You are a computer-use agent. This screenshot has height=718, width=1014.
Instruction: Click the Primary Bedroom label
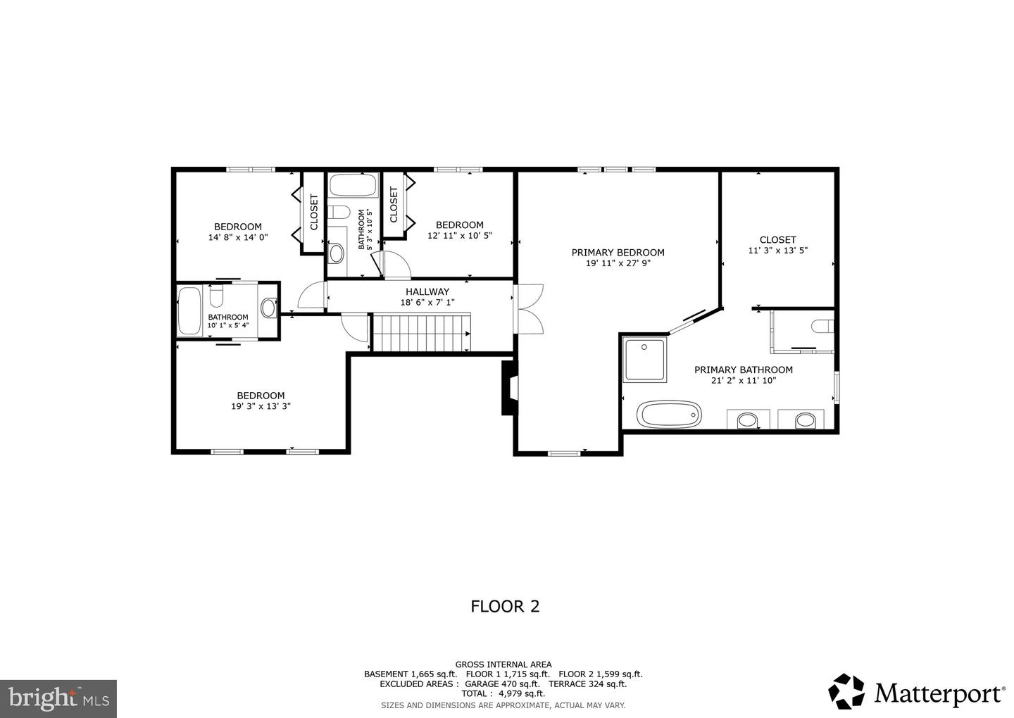pos(618,253)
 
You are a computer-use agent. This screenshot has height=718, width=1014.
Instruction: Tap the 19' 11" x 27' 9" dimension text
pos(618,264)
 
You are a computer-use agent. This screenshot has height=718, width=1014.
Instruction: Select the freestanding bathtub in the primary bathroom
pos(669,414)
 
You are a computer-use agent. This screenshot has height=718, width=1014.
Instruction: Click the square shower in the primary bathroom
pos(644,360)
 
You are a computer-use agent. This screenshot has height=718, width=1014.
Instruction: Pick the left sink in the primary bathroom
pos(746,421)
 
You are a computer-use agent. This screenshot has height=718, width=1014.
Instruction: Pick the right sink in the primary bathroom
pos(806,421)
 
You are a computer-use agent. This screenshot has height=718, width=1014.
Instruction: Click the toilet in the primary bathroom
pos(822,327)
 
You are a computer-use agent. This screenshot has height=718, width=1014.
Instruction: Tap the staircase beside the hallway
pos(420,332)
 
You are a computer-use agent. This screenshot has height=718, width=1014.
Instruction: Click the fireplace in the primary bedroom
pos(508,388)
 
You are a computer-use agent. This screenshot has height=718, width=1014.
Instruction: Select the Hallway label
pos(427,291)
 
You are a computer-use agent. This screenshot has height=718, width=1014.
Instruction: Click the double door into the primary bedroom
pos(528,308)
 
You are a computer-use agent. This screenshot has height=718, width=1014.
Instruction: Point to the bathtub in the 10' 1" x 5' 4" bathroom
pos(189,311)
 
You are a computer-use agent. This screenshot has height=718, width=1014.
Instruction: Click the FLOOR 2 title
pos(505,606)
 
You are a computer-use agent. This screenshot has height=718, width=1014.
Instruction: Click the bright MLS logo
pos(58,698)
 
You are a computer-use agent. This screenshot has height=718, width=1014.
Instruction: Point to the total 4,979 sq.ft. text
pos(503,693)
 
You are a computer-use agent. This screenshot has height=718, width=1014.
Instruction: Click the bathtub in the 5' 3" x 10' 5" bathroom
pos(353,186)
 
